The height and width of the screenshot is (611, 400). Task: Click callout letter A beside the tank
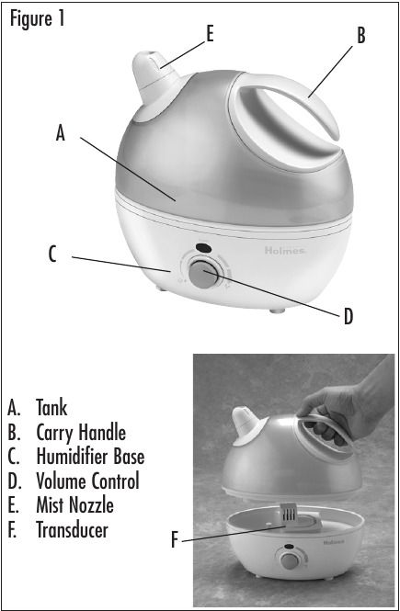click(61, 133)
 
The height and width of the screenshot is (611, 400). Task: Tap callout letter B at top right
click(361, 36)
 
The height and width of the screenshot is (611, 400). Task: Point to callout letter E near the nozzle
click(210, 34)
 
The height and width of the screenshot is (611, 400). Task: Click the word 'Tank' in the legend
click(51, 405)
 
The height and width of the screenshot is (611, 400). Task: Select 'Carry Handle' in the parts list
click(81, 430)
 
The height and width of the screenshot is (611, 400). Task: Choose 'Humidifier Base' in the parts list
click(90, 455)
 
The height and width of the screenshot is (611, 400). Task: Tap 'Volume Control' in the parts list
click(87, 480)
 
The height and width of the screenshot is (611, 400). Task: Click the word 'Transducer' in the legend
click(74, 529)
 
